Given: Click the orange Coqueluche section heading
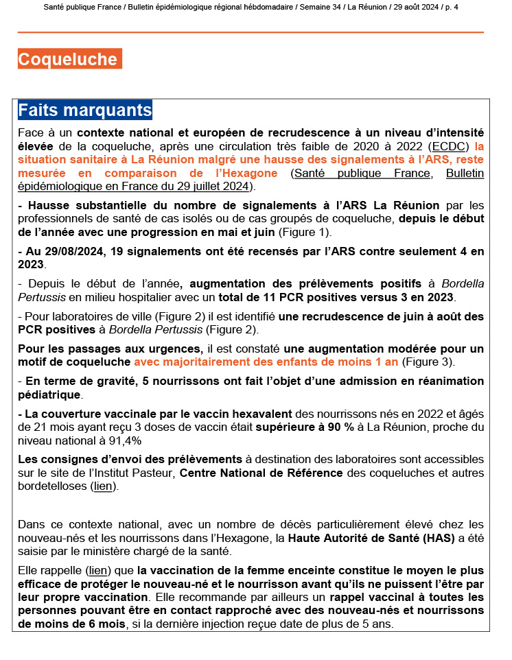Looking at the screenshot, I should click(x=69, y=60).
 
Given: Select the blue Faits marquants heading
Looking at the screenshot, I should click(x=85, y=110).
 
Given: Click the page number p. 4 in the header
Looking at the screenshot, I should click(x=451, y=7).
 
